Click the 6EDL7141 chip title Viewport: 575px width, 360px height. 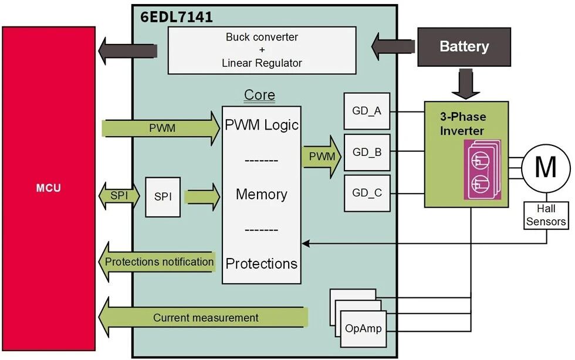click(x=177, y=17)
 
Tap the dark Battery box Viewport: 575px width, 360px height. click(x=464, y=47)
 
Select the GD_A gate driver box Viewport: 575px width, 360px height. click(x=367, y=111)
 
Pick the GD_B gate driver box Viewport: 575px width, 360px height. click(x=367, y=152)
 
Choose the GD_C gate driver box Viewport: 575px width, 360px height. click(x=367, y=193)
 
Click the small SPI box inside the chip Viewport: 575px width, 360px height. click(x=163, y=197)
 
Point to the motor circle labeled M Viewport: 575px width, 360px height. click(x=546, y=168)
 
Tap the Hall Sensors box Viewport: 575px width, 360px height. click(x=546, y=215)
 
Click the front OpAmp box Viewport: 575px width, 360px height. click(x=363, y=329)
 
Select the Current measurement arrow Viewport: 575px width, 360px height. click(x=203, y=317)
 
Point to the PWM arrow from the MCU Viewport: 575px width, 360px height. click(x=161, y=128)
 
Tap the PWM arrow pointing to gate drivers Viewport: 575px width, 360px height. click(x=322, y=157)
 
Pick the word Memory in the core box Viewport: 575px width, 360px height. click(x=262, y=194)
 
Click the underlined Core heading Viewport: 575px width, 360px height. click(x=259, y=95)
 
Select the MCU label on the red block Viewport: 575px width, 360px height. click(x=48, y=188)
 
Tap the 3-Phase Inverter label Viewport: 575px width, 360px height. click(x=463, y=124)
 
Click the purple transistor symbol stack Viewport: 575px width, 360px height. click(x=482, y=169)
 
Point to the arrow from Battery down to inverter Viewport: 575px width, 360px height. click(x=466, y=83)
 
